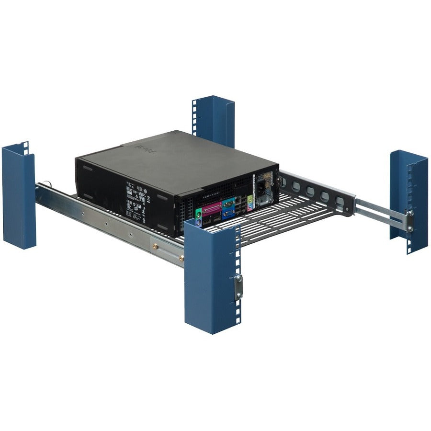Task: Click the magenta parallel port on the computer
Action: pyautogui.click(x=212, y=209)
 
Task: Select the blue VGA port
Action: pyautogui.click(x=228, y=214)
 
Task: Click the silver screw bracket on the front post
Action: pyautogui.click(x=238, y=286)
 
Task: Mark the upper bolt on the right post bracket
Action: pyautogui.click(x=410, y=213)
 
